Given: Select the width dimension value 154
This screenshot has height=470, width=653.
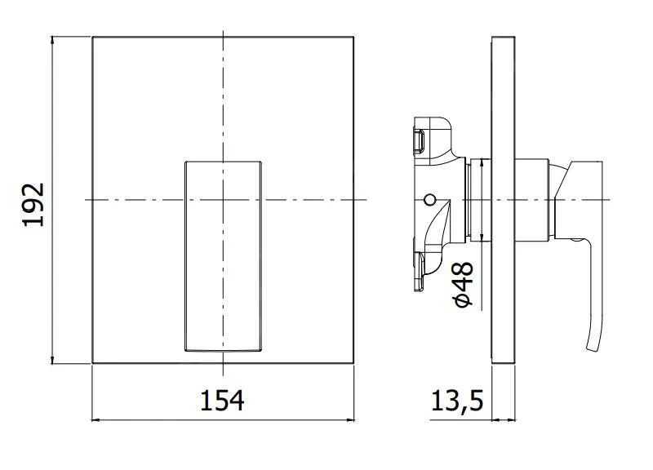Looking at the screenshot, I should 222,401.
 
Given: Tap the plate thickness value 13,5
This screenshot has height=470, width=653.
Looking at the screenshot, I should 458,401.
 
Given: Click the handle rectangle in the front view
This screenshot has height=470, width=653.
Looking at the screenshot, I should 223,255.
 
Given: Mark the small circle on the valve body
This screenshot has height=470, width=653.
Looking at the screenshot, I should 429,199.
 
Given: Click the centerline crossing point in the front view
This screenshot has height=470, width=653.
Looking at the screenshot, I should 223,200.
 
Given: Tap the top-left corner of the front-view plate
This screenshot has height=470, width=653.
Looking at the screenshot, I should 92,37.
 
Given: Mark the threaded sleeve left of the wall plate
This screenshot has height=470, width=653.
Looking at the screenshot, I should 476,200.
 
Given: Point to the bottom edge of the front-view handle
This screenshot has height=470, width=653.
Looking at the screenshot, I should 223,351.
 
